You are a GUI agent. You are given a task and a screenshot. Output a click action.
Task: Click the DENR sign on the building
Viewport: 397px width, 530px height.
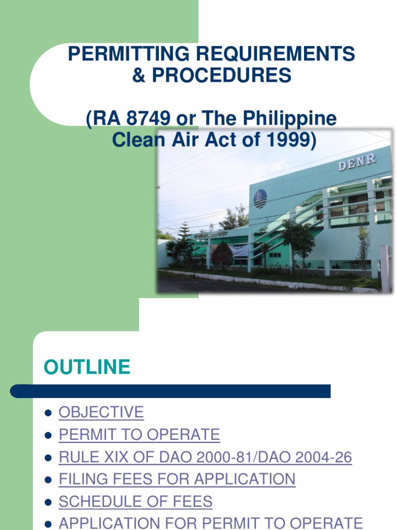(x=357, y=163)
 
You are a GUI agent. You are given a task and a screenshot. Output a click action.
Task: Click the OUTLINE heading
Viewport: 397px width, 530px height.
(x=87, y=367)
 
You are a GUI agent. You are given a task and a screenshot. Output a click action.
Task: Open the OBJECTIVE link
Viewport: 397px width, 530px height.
(x=101, y=413)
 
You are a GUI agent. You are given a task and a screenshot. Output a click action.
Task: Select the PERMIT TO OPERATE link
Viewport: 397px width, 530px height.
(x=140, y=435)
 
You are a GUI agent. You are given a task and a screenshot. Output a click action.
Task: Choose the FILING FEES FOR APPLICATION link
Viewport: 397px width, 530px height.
(x=177, y=479)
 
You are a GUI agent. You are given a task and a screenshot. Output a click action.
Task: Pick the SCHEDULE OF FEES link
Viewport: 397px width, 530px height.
(x=135, y=502)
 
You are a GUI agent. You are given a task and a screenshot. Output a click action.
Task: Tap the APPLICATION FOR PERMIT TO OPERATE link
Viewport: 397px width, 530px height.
(x=211, y=523)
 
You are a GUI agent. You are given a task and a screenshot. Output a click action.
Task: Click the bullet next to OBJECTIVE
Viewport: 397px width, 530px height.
(x=48, y=413)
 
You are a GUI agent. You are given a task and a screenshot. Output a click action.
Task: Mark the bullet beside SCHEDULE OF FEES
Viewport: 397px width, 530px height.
(x=48, y=502)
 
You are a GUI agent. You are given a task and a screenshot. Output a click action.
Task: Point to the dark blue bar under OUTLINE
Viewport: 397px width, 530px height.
(x=171, y=391)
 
